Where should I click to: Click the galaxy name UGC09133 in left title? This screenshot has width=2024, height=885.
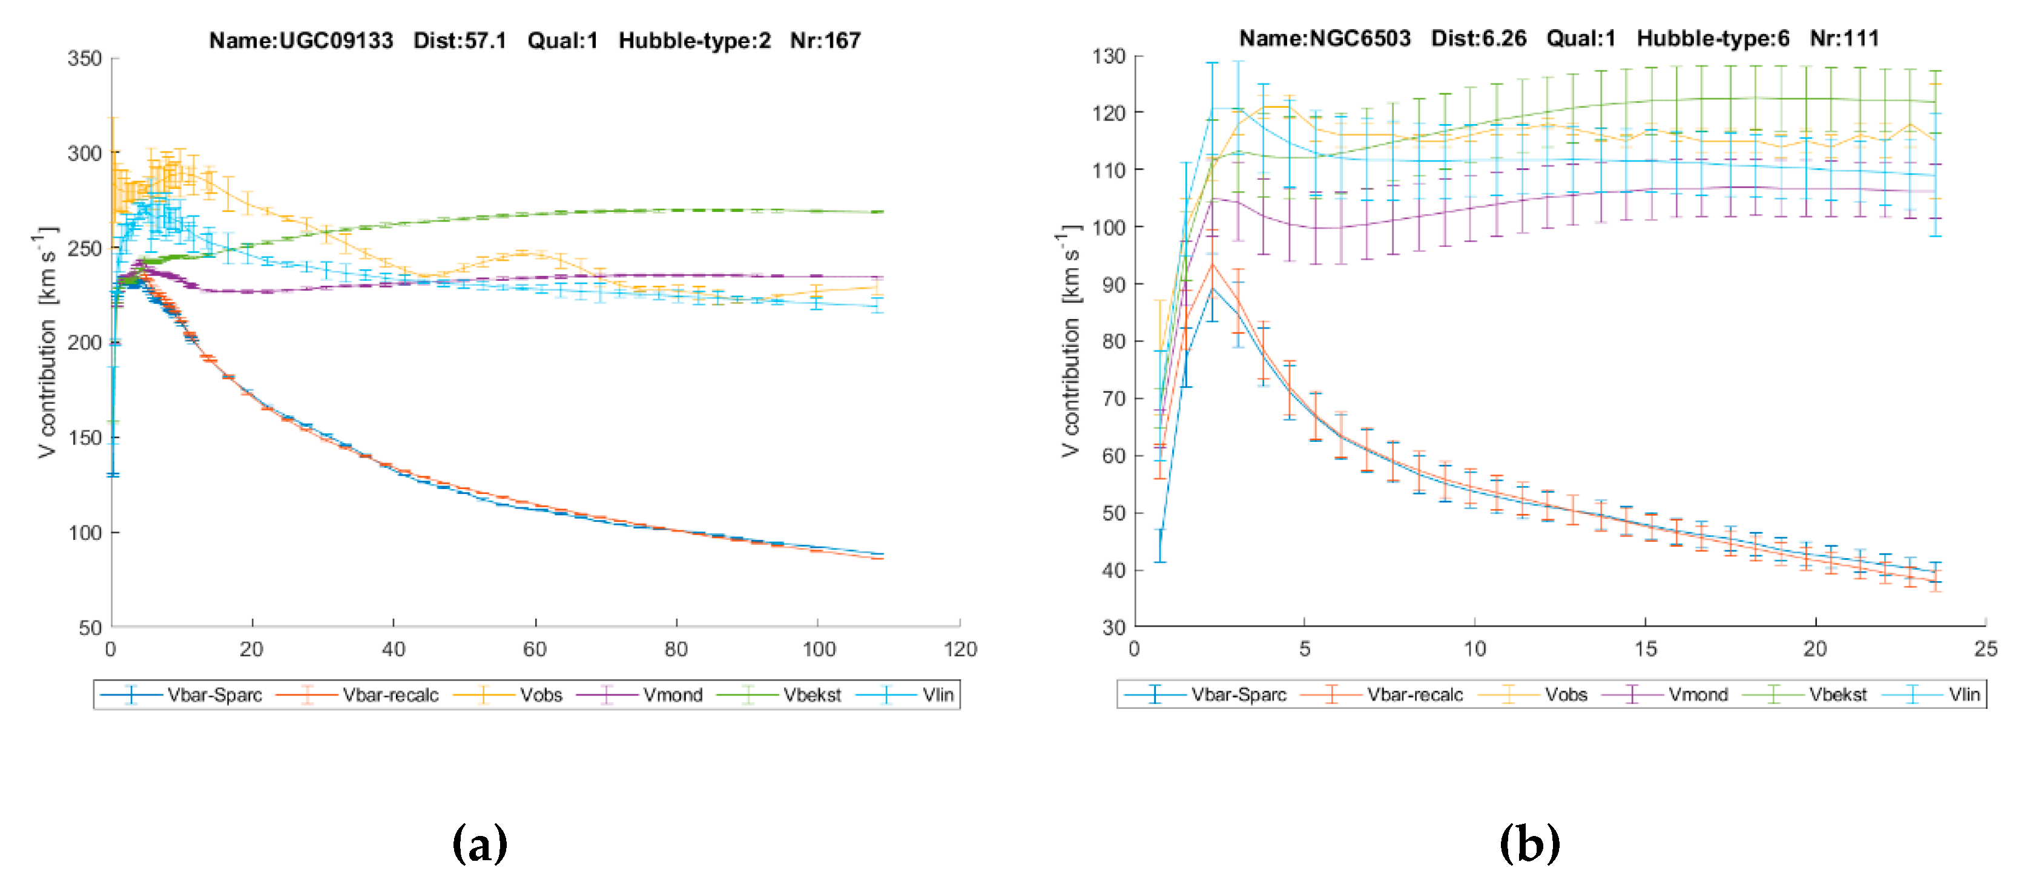[335, 40]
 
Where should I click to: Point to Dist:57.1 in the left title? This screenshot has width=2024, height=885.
[460, 40]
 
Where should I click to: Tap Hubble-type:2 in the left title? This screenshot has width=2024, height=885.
[694, 40]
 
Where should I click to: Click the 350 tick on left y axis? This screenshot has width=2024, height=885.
[85, 59]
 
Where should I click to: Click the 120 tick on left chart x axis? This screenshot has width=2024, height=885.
[960, 649]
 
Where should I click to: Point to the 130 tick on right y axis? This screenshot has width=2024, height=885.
[1108, 56]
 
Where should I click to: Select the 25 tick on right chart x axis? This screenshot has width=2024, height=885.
[1985, 649]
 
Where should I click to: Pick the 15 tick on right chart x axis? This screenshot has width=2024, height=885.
[1644, 649]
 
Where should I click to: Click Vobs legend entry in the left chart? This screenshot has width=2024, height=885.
[541, 695]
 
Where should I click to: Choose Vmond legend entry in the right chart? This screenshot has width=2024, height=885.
[1697, 695]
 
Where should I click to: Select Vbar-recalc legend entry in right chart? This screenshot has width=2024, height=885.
[1414, 695]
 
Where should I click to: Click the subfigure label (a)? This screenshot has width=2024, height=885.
[480, 844]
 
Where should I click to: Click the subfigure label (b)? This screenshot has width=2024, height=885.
[1528, 844]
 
